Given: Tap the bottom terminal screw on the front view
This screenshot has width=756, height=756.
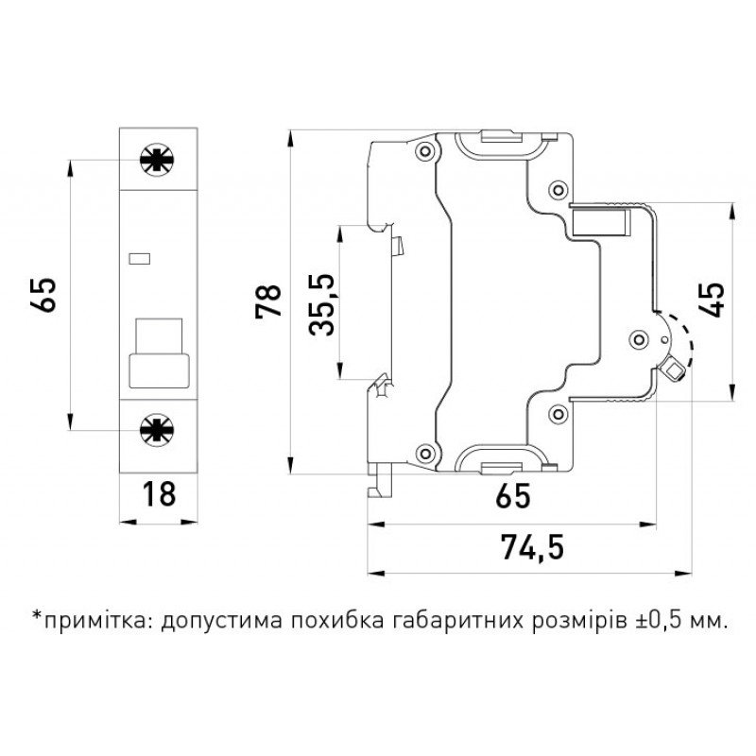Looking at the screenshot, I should pyautogui.click(x=151, y=430).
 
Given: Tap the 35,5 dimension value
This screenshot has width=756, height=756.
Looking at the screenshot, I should pyautogui.click(x=323, y=304).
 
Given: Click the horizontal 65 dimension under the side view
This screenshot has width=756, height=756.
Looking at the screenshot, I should pyautogui.click(x=512, y=494).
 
